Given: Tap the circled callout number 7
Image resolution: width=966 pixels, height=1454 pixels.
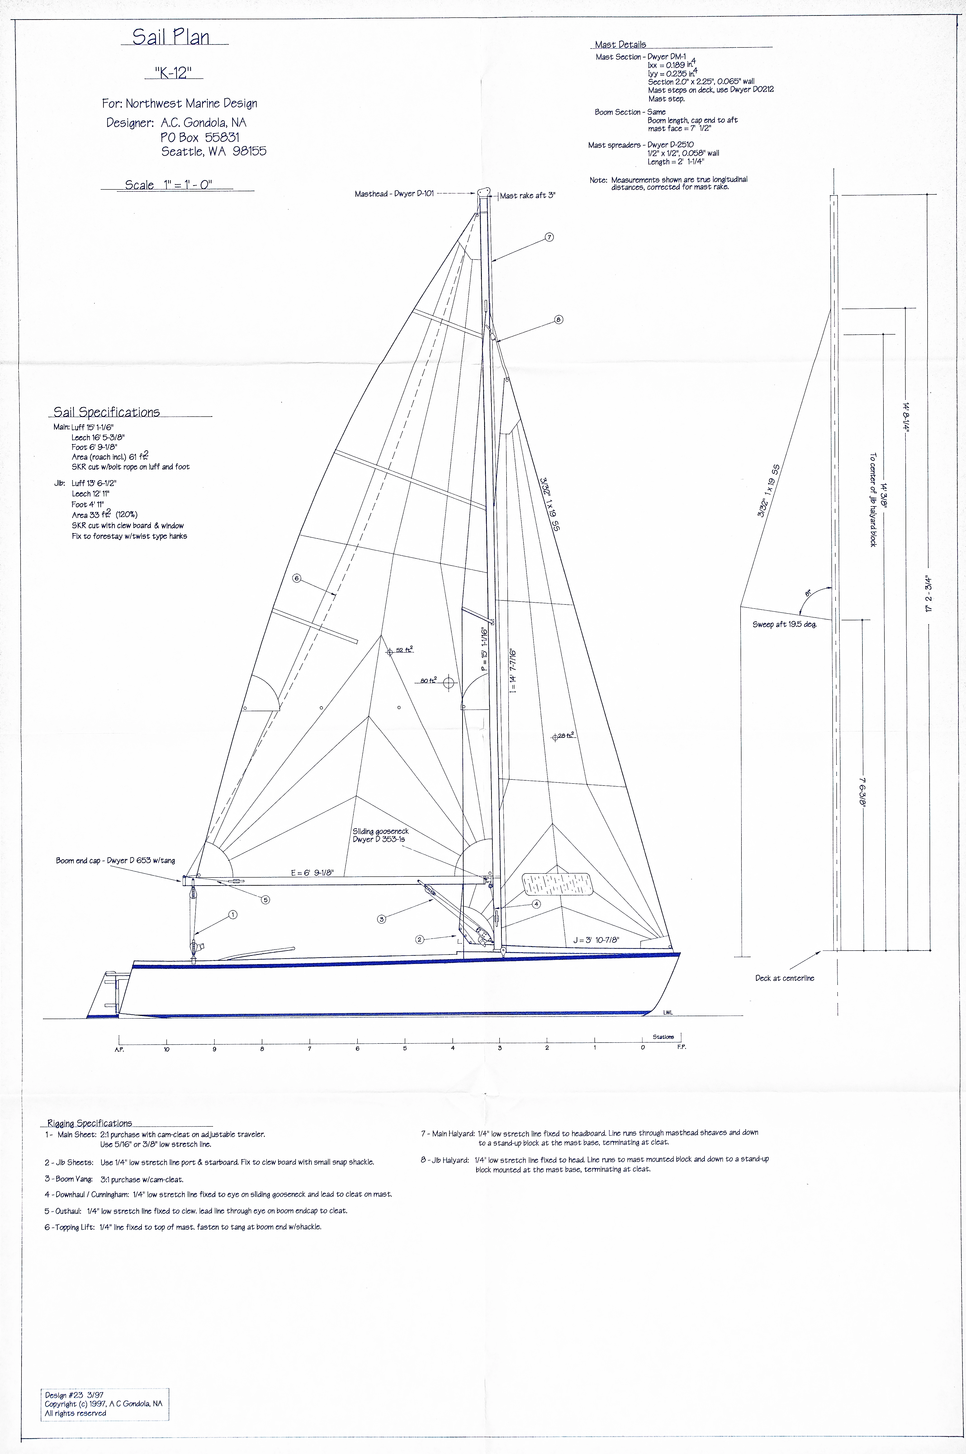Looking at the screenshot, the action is coord(549,237).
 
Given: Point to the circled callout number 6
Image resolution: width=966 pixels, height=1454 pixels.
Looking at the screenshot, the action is coord(296,578).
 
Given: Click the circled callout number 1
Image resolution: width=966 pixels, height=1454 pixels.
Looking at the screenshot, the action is coord(233,915).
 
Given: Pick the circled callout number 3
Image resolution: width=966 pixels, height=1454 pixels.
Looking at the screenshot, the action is coord(381,919).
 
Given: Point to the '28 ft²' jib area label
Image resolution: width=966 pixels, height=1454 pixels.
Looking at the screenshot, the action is coord(566,735).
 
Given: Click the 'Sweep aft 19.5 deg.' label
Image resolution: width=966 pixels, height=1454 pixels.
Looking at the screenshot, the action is coord(784,624).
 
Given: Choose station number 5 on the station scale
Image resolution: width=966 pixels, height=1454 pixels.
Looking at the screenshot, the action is coord(405,1048).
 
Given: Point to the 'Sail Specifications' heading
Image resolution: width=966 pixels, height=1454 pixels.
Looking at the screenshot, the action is coord(107,412).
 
